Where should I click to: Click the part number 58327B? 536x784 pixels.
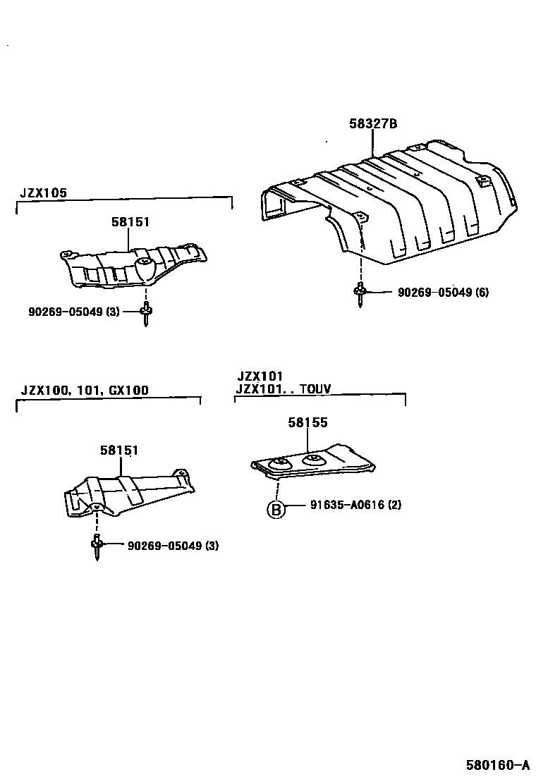[373, 124]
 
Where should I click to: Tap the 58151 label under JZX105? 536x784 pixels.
[130, 221]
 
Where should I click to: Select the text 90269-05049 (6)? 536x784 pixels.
[443, 293]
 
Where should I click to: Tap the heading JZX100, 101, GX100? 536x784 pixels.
[85, 390]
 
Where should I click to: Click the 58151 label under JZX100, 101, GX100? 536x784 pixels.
[118, 450]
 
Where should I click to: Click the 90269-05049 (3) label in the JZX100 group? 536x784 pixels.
[173, 545]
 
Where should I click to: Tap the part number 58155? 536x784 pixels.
[307, 422]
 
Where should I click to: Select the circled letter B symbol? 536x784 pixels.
[276, 509]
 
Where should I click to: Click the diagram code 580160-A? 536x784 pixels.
[497, 764]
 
